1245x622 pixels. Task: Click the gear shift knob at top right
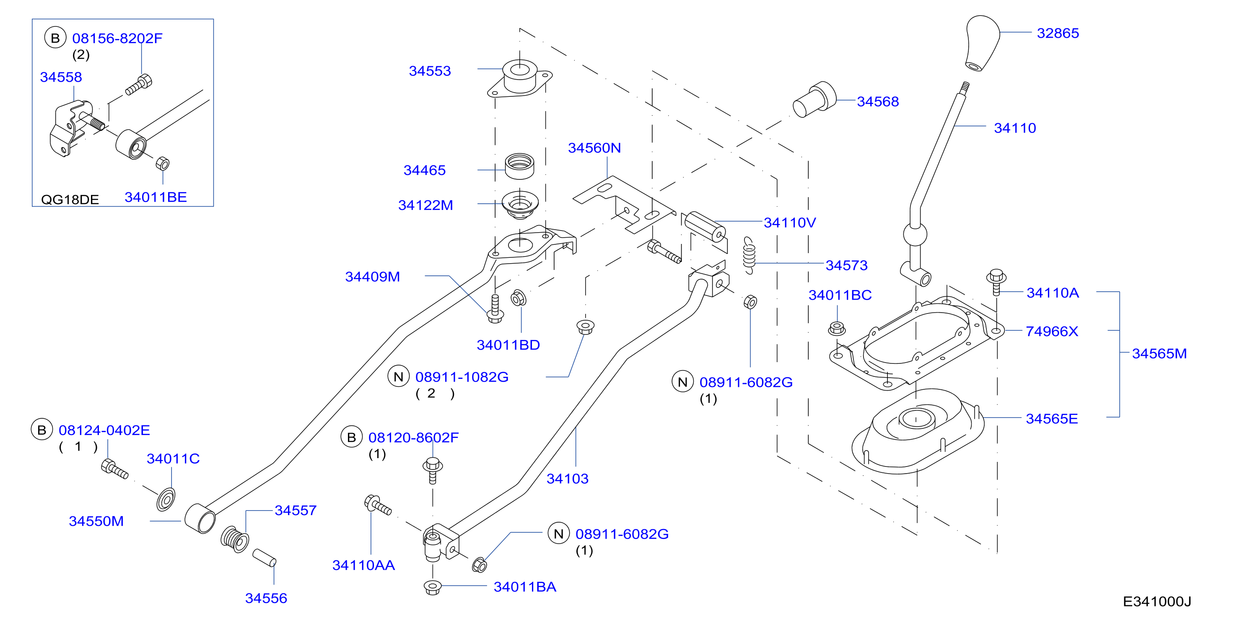click(982, 44)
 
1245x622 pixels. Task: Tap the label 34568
click(878, 101)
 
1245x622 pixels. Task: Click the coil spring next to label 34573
click(749, 255)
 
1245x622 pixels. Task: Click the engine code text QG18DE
click(70, 200)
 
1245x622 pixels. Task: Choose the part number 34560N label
click(594, 148)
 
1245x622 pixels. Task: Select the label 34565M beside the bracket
click(1159, 353)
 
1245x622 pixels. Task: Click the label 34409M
click(373, 277)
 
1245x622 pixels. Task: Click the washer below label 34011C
click(166, 499)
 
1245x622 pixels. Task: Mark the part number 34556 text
click(266, 598)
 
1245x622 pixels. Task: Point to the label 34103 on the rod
click(568, 479)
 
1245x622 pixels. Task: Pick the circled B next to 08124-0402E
click(41, 430)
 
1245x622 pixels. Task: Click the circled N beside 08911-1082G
click(398, 376)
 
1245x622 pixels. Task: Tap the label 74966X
click(1052, 331)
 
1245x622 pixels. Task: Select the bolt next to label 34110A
click(996, 282)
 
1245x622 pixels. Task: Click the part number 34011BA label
click(525, 587)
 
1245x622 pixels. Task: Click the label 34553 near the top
click(430, 71)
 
